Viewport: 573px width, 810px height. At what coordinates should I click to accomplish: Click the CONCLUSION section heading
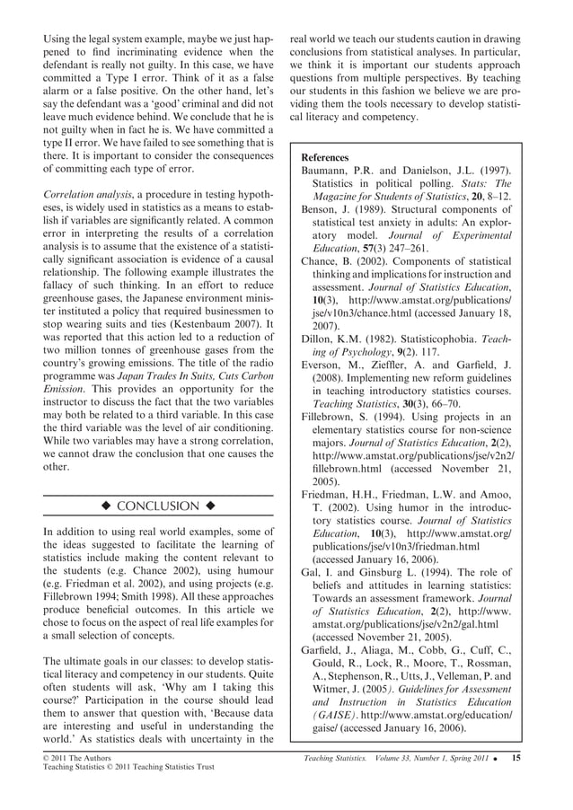click(158, 506)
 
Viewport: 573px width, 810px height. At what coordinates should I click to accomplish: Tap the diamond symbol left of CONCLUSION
click(106, 506)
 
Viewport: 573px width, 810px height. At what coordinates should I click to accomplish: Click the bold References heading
click(331, 157)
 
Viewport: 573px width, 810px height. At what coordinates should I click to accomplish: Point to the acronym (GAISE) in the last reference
click(329, 715)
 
